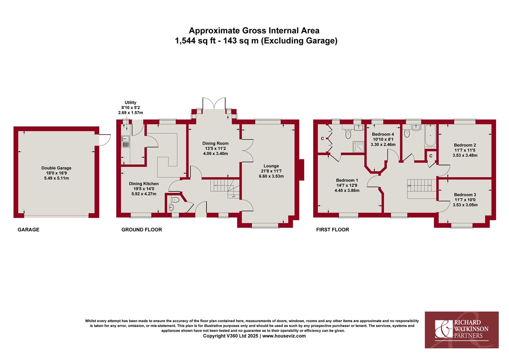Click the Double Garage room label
[x=56, y=168]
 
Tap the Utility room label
[x=131, y=103]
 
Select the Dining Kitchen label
[x=144, y=184]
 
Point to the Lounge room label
[x=271, y=166]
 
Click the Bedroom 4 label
[x=383, y=134]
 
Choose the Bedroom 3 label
[x=465, y=195]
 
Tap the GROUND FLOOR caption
[x=142, y=230]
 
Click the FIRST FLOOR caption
[x=332, y=230]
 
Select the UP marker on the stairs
[x=234, y=196]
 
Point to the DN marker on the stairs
[x=409, y=186]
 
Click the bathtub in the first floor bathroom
[x=430, y=136]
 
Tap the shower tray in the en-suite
[x=358, y=147]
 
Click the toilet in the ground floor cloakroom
[x=175, y=200]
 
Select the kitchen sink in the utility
[x=126, y=141]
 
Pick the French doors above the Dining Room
[x=214, y=103]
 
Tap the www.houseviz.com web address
[x=284, y=336]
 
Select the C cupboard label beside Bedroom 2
[x=431, y=156]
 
